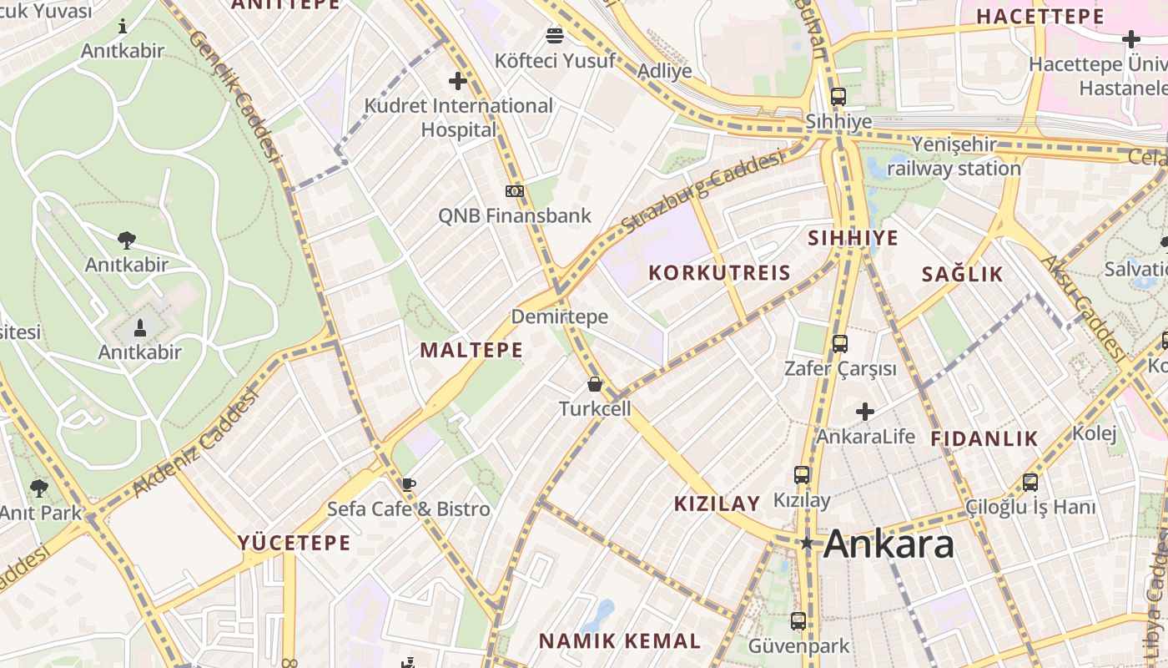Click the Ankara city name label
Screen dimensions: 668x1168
[x=889, y=544]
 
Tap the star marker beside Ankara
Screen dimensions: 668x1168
[x=806, y=543]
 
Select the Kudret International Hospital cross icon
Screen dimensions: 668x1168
[x=457, y=81]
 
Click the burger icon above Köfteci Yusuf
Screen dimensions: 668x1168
[x=555, y=35]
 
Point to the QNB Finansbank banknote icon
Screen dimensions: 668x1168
[x=515, y=191]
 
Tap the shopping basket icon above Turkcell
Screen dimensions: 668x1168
[x=595, y=384]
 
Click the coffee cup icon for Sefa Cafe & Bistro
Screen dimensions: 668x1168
[x=408, y=484]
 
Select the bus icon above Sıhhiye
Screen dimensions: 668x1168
[x=838, y=96]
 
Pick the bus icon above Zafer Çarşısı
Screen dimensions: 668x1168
[x=840, y=343]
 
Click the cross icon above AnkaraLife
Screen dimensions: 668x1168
[x=865, y=412]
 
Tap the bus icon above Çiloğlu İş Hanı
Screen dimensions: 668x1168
[x=1030, y=482]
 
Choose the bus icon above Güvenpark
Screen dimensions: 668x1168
[x=798, y=620]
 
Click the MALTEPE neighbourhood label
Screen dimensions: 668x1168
[x=471, y=350]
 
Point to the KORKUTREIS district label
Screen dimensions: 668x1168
[x=719, y=273]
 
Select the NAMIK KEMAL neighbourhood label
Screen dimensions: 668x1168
[x=619, y=641]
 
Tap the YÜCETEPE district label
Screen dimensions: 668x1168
[x=295, y=543]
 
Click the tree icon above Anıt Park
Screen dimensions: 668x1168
[x=39, y=488]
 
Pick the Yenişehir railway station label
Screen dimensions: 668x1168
[x=954, y=156]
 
